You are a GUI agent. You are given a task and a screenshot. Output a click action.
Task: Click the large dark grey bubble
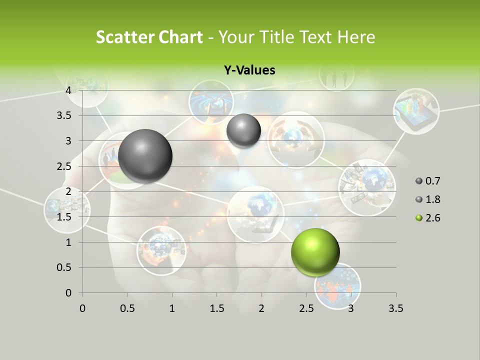pyautogui.click(x=145, y=156)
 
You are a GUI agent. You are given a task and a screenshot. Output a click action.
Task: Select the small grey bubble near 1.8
pyautogui.click(x=243, y=130)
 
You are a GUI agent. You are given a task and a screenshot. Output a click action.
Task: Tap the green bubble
pyautogui.click(x=315, y=252)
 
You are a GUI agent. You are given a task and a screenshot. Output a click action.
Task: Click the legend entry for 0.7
pyautogui.click(x=428, y=181)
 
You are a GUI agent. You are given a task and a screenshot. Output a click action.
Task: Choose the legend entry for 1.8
pyautogui.click(x=428, y=199)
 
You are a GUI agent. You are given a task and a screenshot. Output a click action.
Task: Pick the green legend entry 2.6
pyautogui.click(x=428, y=218)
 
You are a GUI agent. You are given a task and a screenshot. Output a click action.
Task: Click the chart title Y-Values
pyautogui.click(x=249, y=70)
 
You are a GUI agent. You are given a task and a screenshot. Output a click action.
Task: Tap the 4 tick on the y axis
pyautogui.click(x=68, y=90)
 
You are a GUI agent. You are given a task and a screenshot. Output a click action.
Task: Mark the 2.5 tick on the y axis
pyautogui.click(x=64, y=166)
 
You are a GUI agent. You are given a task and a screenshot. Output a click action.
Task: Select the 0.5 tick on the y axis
pyautogui.click(x=64, y=267)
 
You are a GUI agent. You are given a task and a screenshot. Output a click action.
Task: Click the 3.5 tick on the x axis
pyautogui.click(x=395, y=308)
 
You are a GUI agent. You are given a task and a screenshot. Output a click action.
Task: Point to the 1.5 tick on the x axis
pyautogui.click(x=216, y=308)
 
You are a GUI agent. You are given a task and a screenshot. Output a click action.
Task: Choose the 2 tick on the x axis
pyautogui.click(x=261, y=308)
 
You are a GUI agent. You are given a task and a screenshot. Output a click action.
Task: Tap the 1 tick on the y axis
pyautogui.click(x=68, y=242)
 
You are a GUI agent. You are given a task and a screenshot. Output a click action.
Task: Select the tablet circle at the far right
pyautogui.click(x=416, y=111)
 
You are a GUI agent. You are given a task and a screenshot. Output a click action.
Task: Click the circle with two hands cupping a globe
pyautogui.click(x=295, y=139)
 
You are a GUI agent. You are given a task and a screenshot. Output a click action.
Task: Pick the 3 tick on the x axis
pyautogui.click(x=351, y=308)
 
